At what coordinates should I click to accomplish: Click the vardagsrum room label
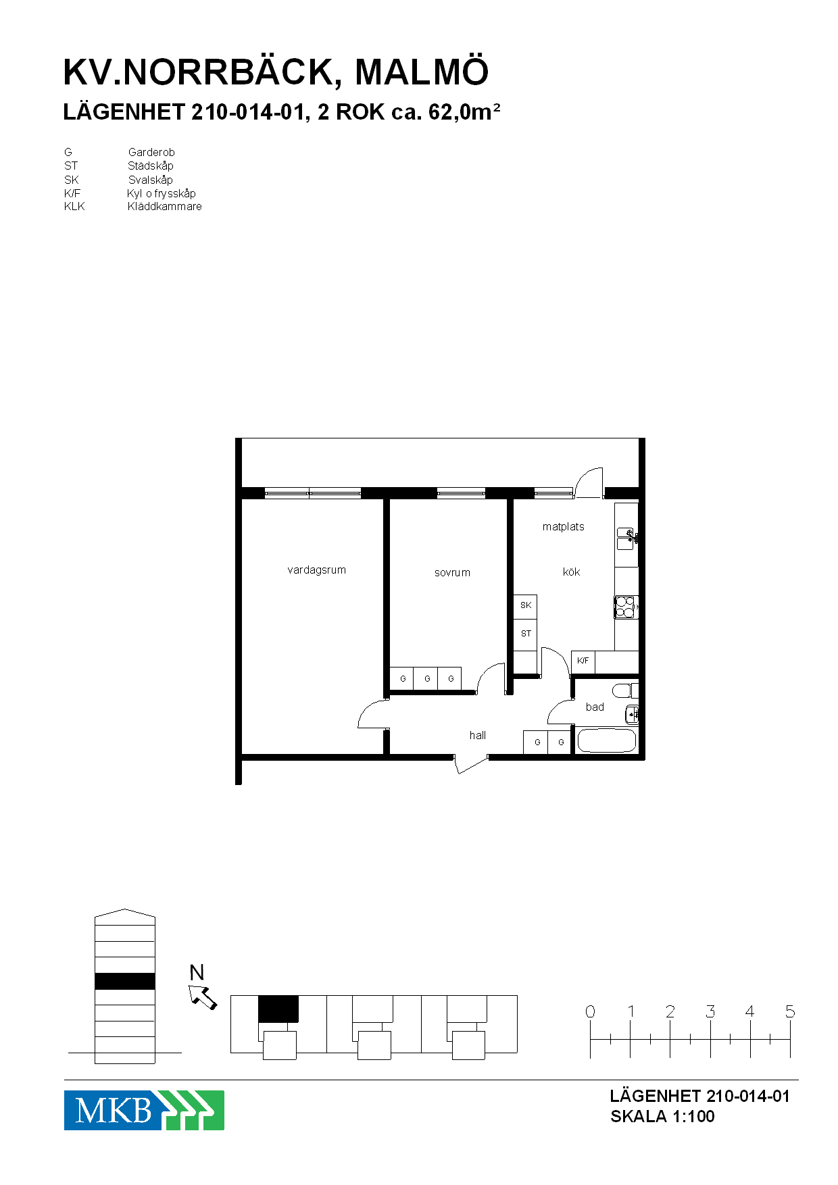[x=316, y=570]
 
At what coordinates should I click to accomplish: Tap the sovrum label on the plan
[x=452, y=573]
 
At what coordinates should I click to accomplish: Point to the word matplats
[x=563, y=527]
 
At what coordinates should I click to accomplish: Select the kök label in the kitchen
[x=571, y=572]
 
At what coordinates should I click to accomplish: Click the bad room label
[x=595, y=707]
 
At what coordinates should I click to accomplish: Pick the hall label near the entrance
[x=478, y=736]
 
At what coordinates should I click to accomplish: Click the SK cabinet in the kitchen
[x=525, y=606]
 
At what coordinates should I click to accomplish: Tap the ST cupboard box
[x=525, y=634]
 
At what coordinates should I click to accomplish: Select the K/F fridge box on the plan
[x=583, y=661]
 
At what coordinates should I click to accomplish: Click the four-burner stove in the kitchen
[x=626, y=607]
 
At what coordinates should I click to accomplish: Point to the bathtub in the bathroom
[x=607, y=740]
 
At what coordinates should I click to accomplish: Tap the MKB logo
[x=144, y=1110]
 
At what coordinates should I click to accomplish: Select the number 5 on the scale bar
[x=790, y=1011]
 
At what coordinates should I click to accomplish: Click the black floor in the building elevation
[x=125, y=981]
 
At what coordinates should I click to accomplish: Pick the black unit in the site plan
[x=278, y=1009]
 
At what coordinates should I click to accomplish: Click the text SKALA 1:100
[x=662, y=1117]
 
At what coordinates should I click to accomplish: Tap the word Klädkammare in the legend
[x=165, y=207]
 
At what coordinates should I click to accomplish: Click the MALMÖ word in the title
[x=421, y=72]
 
